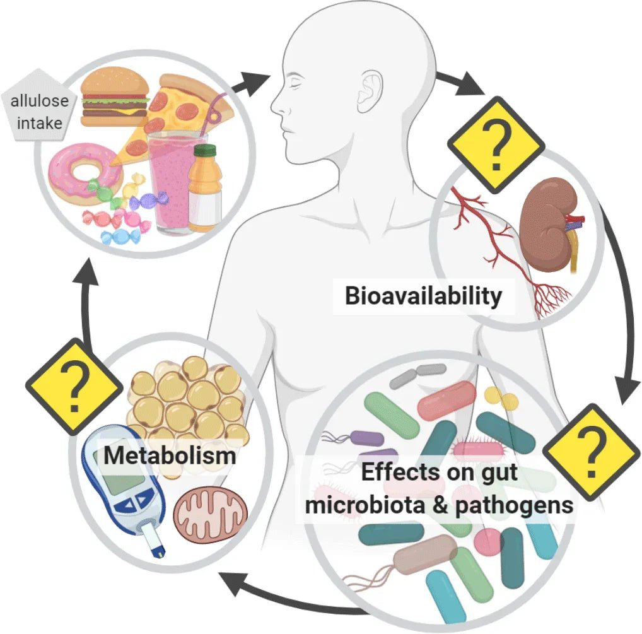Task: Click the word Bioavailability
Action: [423, 295]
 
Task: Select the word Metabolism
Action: [169, 454]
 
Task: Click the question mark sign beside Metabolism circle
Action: [74, 385]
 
